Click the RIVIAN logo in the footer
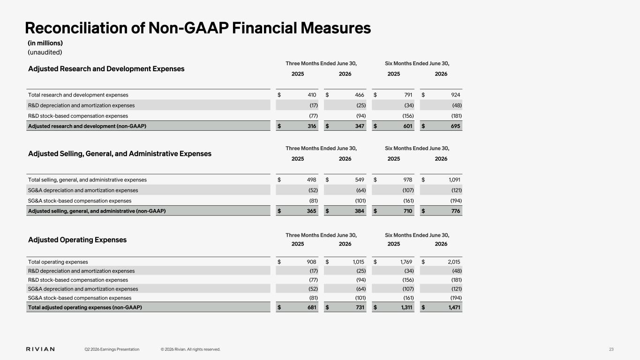(x=40, y=349)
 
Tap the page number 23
(x=611, y=349)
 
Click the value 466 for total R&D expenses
(x=360, y=95)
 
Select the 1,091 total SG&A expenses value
(x=454, y=180)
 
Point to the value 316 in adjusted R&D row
(x=312, y=126)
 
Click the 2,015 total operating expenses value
(x=454, y=262)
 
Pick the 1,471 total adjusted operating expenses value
(x=454, y=307)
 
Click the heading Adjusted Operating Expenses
(x=77, y=240)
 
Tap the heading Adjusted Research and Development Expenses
(x=106, y=69)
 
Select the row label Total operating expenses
(x=58, y=262)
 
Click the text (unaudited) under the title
(x=45, y=52)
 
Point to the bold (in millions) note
(x=45, y=43)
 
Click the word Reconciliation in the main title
(x=76, y=28)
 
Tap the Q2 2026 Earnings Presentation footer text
(x=112, y=349)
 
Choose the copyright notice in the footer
(x=190, y=349)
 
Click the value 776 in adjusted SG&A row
(x=455, y=211)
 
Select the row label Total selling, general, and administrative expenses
(x=87, y=180)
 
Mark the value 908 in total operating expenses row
(x=311, y=262)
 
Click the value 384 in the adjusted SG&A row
(x=360, y=211)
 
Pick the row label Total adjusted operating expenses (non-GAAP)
(x=85, y=307)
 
